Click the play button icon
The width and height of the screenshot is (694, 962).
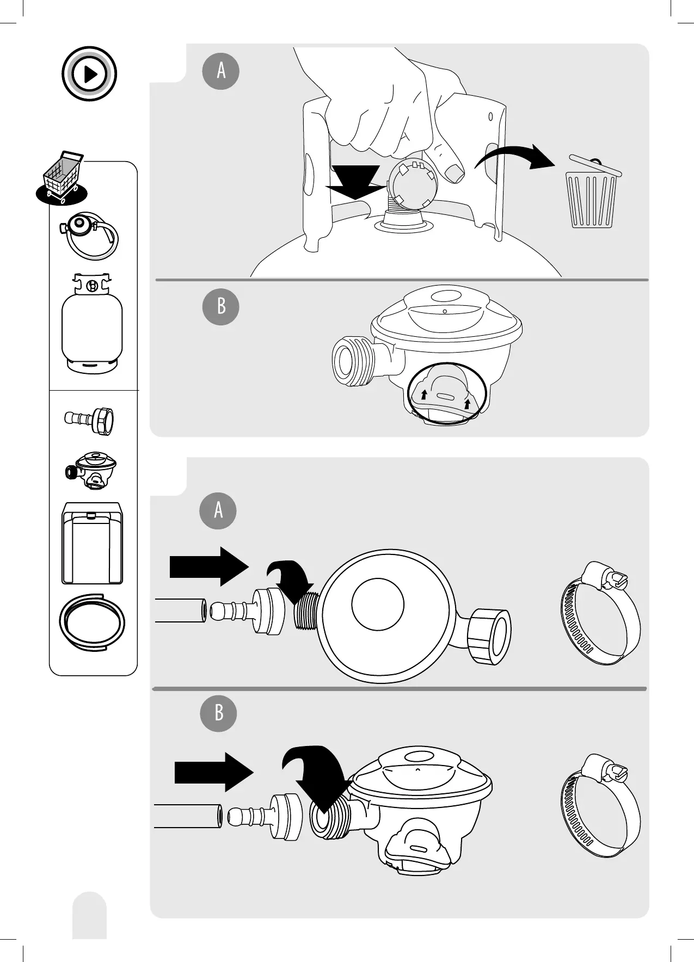point(89,74)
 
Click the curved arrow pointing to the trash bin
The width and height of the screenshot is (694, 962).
point(514,158)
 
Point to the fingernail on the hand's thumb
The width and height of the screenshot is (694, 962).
point(453,174)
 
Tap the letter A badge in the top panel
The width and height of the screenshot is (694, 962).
point(221,71)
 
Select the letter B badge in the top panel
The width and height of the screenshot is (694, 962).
point(221,306)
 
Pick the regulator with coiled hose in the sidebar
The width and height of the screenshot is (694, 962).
point(90,235)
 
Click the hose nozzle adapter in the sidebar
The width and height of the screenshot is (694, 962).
point(90,420)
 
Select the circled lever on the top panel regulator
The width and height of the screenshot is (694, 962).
point(445,393)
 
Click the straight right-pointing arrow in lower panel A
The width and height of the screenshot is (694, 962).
point(209,566)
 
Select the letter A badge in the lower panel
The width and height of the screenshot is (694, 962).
point(218,510)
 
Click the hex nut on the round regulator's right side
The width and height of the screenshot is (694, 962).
point(489,636)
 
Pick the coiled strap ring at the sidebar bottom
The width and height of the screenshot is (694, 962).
point(92,622)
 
